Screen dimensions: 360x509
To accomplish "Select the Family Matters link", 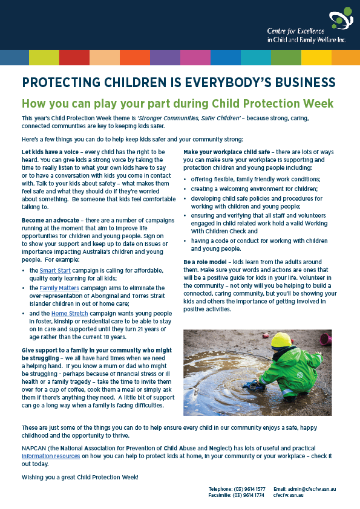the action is pos(59,288).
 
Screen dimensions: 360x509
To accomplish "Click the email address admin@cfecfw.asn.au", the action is pos(313,488).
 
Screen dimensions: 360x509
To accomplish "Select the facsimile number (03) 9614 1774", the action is pos(248,495).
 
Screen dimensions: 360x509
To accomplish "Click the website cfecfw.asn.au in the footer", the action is pos(289,495).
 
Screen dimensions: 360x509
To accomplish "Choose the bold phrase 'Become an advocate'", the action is pos(50,221).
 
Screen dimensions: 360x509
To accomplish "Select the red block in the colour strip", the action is pos(74,57).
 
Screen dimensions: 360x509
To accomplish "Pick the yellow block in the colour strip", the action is pos(316,57).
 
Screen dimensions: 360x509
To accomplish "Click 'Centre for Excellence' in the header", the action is pos(296,31).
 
